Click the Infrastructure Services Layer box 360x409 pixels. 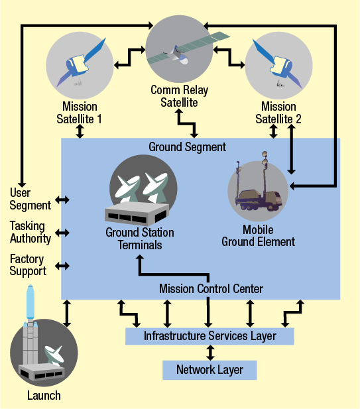tap(210, 336)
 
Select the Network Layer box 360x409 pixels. tap(210, 370)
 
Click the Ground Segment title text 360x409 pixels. tap(187, 146)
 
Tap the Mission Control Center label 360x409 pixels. tap(211, 288)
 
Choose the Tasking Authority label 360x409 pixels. tap(30, 232)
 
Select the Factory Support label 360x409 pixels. tap(29, 265)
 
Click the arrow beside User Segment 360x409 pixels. tap(62, 200)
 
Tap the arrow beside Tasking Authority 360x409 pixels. tap(62, 233)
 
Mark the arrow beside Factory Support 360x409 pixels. tap(62, 266)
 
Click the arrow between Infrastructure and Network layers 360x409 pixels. tap(210, 353)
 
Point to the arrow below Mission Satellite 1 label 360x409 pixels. tap(80, 131)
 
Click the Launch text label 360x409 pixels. tap(44, 396)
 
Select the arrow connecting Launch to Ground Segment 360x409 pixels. tap(66, 313)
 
